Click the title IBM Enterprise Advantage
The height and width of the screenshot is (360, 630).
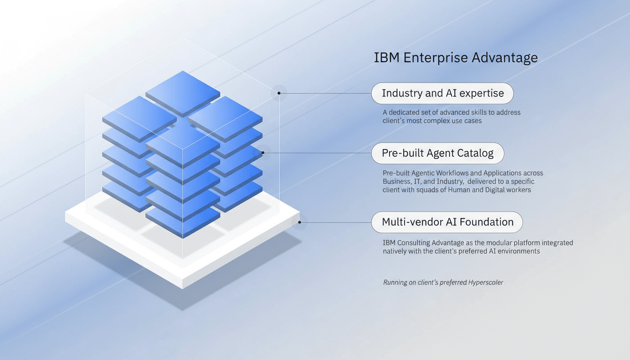[456, 58]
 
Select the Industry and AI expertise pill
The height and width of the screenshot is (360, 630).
[442, 93]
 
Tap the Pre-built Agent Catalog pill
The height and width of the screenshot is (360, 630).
[437, 153]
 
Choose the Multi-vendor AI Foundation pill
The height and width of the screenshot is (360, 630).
[447, 222]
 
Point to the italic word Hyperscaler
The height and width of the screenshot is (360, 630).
[486, 283]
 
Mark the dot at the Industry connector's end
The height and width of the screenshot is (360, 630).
[279, 93]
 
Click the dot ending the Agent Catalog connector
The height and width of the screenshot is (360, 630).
[263, 152]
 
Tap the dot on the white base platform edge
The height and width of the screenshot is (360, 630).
[300, 222]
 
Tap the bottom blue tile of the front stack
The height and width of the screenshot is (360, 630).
[182, 220]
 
